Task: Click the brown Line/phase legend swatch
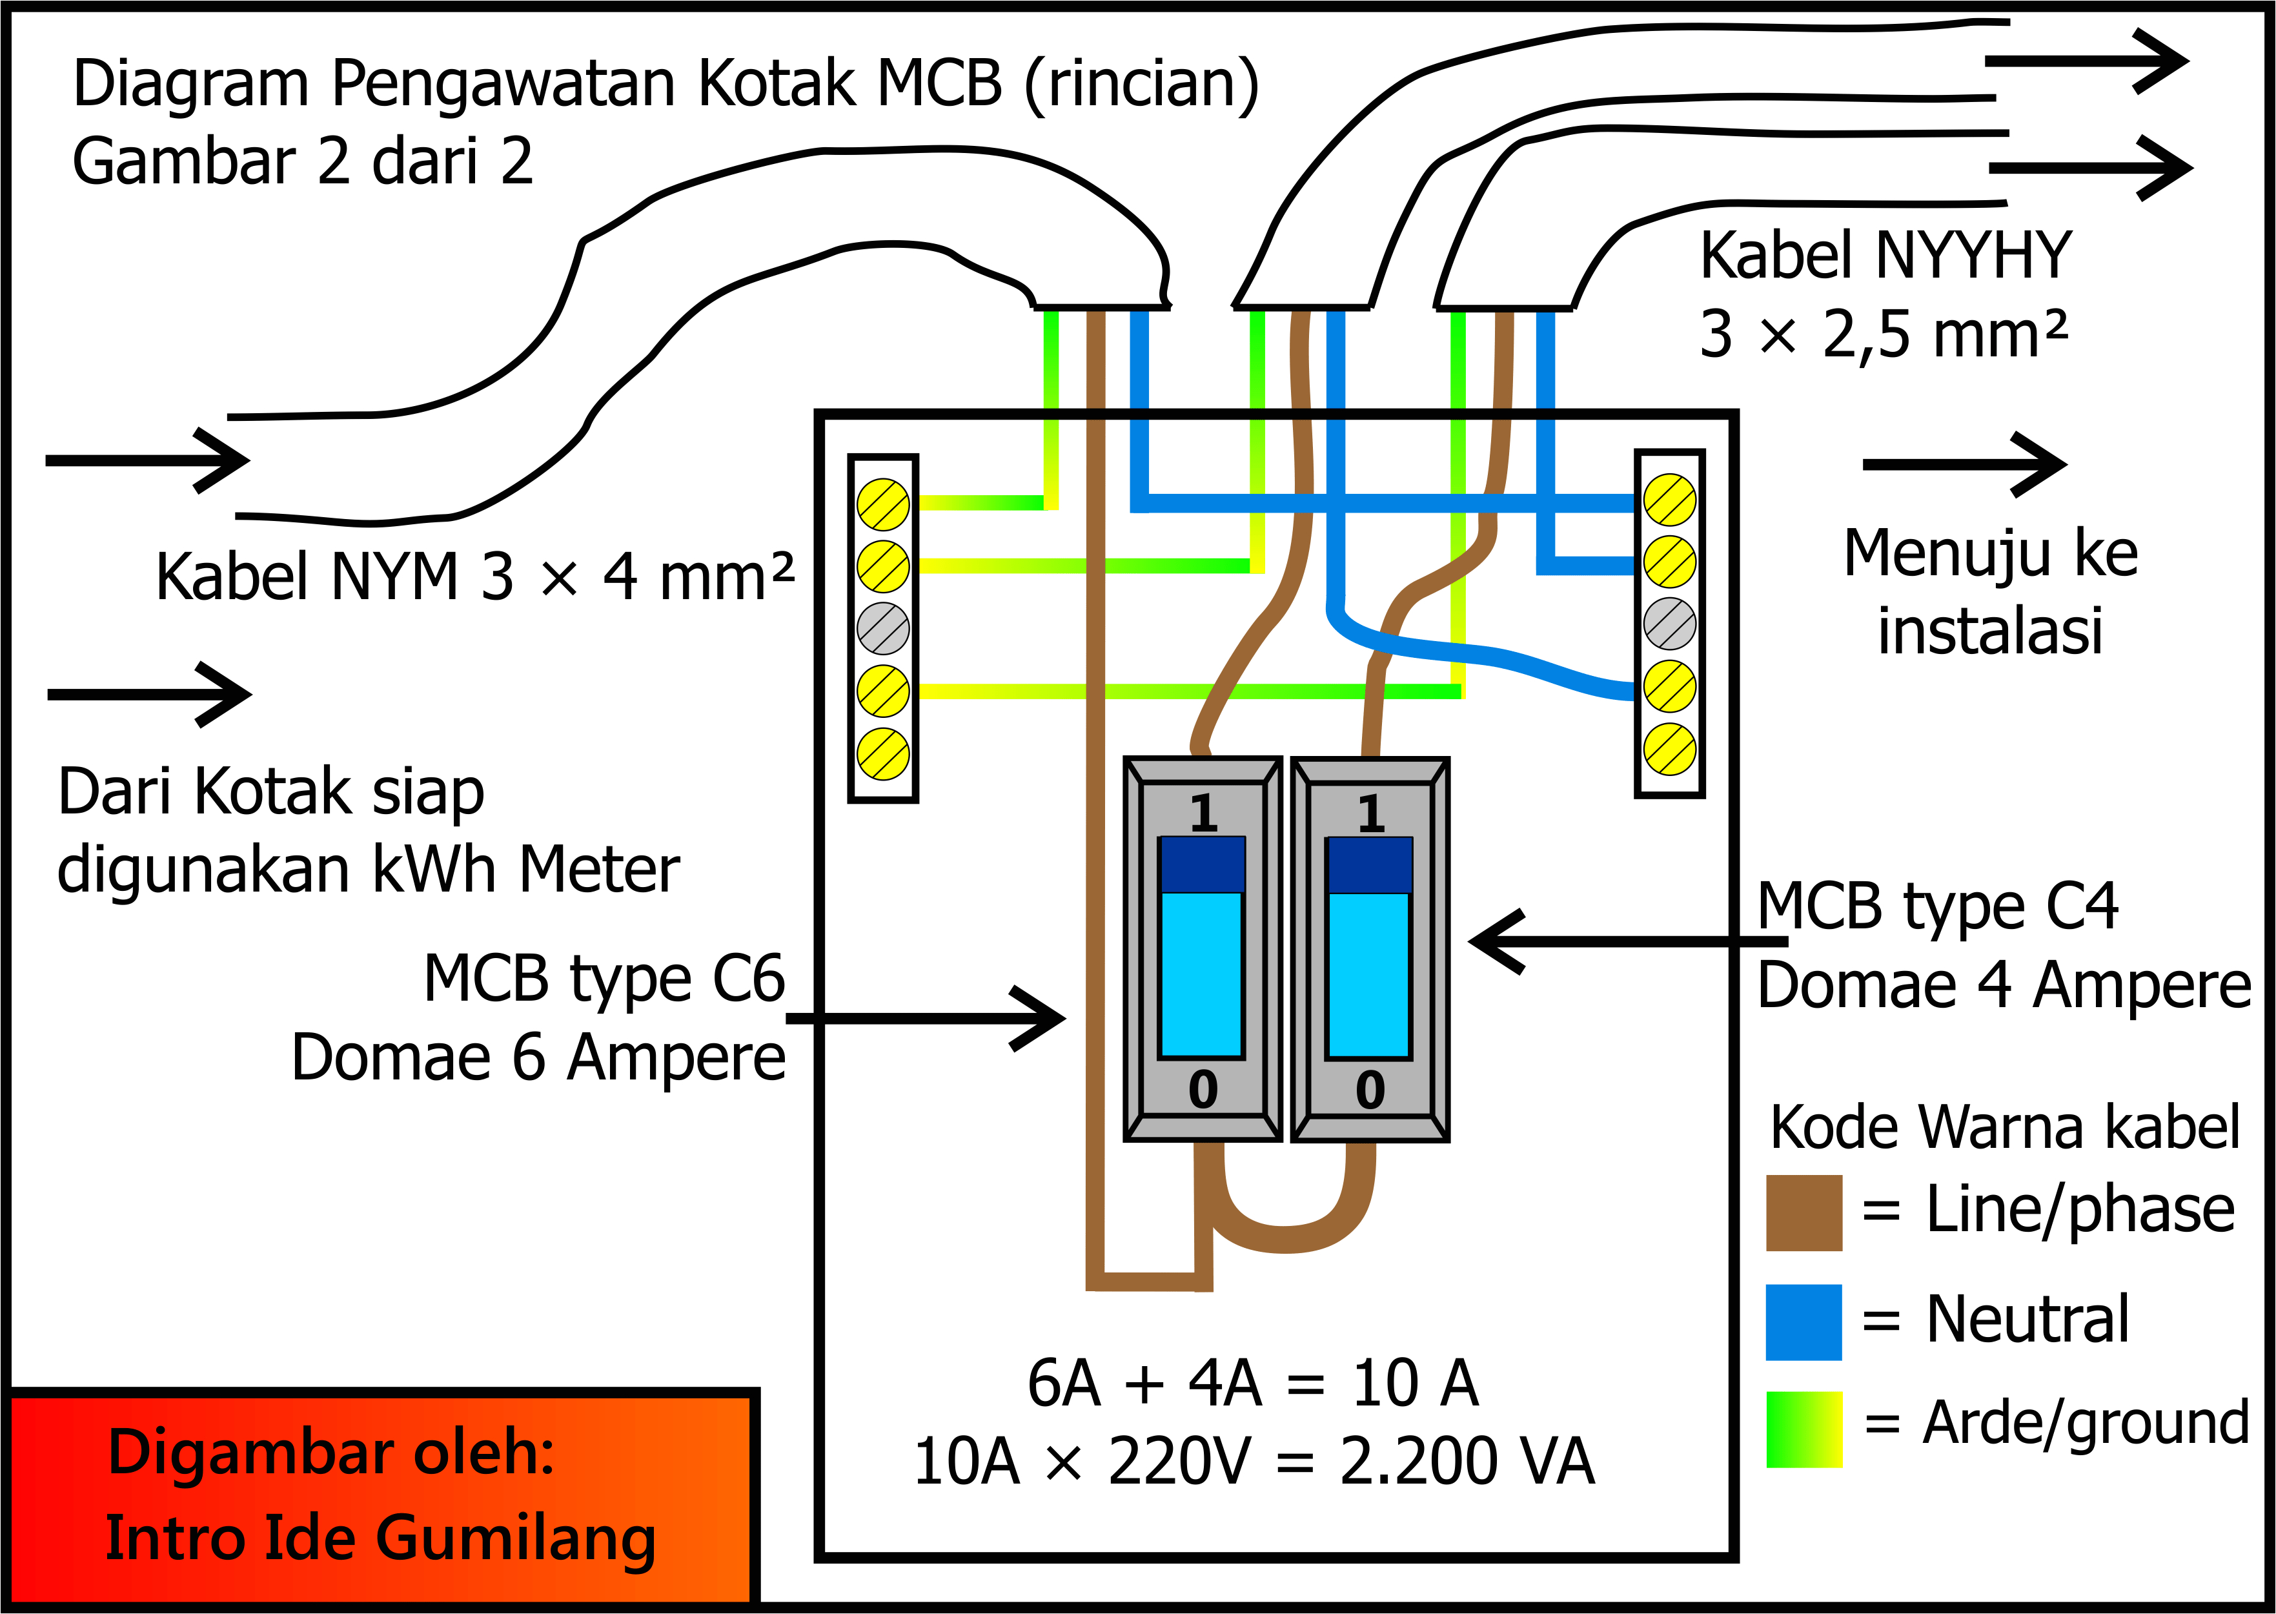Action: coord(1803,1212)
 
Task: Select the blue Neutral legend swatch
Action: coord(1803,1322)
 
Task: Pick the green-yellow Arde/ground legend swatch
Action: coord(1803,1429)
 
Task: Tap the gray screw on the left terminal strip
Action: coord(883,628)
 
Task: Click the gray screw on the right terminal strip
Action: coord(1669,624)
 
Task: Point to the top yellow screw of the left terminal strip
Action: coord(883,504)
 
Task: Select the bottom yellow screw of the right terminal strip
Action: coord(1669,750)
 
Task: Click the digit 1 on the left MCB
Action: coord(1203,813)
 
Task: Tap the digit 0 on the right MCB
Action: coord(1370,1090)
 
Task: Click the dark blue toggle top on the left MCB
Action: coord(1202,864)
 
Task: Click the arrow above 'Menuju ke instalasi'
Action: coord(1962,464)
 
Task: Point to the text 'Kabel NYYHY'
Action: coord(1885,256)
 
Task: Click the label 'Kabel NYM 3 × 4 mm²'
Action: coord(475,577)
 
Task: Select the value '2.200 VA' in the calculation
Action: coord(1467,1462)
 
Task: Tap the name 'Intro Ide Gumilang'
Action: coord(380,1538)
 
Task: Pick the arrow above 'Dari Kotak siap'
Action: coord(149,694)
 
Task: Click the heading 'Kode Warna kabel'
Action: coord(2004,1128)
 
